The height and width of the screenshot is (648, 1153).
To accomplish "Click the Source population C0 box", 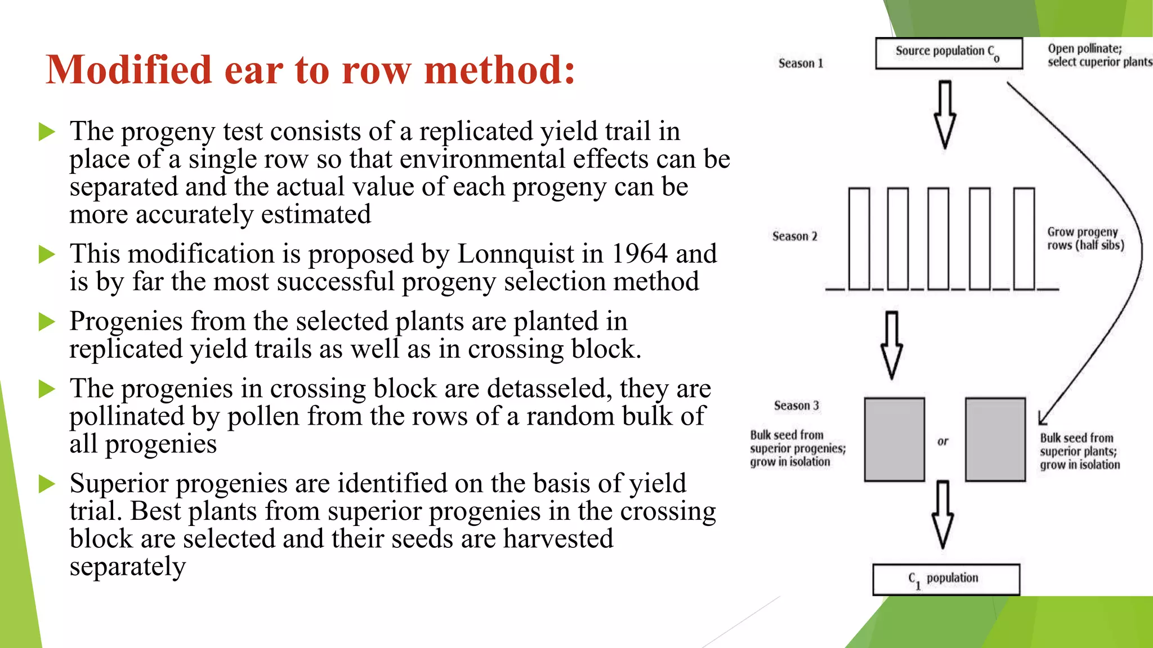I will coord(949,53).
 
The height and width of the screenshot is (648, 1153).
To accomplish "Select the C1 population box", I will coord(946,579).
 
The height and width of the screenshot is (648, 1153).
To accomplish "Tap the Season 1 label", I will coord(801,64).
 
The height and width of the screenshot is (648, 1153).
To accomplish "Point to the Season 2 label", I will coord(794,236).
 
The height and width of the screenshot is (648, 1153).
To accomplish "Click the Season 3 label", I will coord(796,406).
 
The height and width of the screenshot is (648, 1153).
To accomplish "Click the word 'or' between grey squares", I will coord(943,442).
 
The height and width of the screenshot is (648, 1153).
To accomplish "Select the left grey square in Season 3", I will coord(894,439).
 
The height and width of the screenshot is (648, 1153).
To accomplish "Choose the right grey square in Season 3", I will coord(995,439).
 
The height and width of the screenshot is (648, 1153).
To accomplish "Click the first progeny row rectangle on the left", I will coord(859,239).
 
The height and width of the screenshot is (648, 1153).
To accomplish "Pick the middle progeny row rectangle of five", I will coord(938,239).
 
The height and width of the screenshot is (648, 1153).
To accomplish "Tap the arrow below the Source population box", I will coord(945,115).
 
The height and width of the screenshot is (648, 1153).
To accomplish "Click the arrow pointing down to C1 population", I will coord(942,515).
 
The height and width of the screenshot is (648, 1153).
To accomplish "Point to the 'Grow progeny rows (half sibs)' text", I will coord(1085,238).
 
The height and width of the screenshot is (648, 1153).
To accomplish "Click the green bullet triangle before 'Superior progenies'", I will coord(47,484).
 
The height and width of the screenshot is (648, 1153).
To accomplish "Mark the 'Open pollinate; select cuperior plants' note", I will coord(1098,55).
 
